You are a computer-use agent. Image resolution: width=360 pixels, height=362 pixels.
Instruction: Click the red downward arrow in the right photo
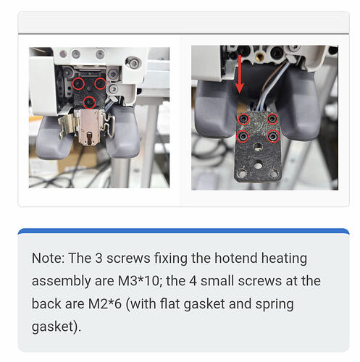[240, 75]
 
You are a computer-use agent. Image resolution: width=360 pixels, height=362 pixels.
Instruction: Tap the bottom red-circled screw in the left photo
[89, 103]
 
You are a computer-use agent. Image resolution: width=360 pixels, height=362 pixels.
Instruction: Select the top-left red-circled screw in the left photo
[78, 83]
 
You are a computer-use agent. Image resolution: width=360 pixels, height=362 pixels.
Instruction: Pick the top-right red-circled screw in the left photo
[100, 83]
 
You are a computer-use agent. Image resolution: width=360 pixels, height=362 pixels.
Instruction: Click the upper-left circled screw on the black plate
[243, 119]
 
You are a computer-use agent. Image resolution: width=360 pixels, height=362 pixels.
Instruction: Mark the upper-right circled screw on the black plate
[272, 119]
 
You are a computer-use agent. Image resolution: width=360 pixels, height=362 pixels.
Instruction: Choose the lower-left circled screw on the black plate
[243, 137]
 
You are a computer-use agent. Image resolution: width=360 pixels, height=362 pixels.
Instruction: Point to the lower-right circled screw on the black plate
[273, 137]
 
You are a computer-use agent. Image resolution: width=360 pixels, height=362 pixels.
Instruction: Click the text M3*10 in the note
[138, 281]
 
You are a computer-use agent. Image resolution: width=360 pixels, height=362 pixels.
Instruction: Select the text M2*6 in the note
[105, 303]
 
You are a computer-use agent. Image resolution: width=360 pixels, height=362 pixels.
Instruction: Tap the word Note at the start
[48, 258]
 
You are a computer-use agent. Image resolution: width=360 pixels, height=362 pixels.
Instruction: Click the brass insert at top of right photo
[259, 57]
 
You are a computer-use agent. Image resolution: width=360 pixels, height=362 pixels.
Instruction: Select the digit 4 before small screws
[193, 281]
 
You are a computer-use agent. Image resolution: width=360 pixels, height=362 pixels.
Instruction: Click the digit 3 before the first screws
[99, 258]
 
